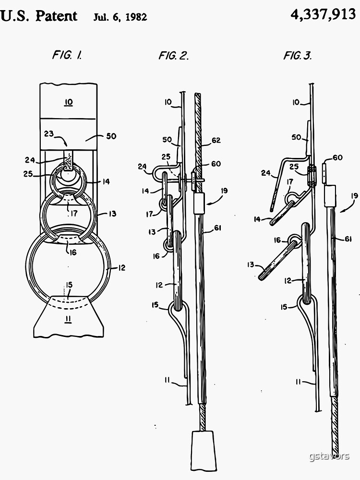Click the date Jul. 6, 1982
pos(120,18)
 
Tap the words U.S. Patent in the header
pos(39,16)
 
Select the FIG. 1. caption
pos(67,55)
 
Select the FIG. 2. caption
pos(173,56)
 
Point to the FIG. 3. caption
pos(298,56)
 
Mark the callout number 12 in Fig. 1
pos(121,267)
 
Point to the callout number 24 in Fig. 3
pos(266,173)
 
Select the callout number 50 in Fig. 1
pos(111,136)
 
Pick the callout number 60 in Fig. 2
pos(216,164)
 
